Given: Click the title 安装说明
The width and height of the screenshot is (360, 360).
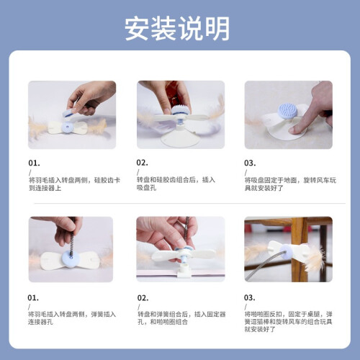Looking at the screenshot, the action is coord(177,28).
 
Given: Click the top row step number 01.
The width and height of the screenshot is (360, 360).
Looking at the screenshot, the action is coord(34,163).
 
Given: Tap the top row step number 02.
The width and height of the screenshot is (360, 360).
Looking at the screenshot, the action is coord(142,163).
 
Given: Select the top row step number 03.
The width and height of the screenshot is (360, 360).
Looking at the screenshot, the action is coord(250,163).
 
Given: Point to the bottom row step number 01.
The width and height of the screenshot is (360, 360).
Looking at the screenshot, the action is coord(33,298).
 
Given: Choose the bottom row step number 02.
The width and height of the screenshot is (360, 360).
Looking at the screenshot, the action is coord(143,298).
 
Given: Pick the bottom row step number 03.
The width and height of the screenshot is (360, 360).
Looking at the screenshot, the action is coord(250,298).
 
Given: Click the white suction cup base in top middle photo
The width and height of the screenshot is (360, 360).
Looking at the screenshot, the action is coord(181,138).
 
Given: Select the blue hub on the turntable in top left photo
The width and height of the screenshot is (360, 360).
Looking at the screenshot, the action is coord(68,127).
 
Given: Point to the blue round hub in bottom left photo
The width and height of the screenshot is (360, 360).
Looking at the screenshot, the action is coord(71,259).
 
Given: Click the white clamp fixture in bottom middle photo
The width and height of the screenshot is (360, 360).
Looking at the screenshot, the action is coord(184,271).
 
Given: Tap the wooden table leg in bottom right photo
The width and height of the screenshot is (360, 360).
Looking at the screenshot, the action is coord(299,250).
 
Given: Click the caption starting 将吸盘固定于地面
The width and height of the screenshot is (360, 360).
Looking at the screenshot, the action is coord(290,184).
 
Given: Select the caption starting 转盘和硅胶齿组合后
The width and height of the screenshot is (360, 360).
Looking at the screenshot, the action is coord(176,184).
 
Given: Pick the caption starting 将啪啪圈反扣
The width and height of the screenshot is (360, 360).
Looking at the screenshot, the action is coord(288,321).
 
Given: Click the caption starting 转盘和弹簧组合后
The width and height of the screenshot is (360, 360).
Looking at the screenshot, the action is coord(181,318).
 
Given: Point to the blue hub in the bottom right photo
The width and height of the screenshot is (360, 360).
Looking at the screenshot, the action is coord(286,252).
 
